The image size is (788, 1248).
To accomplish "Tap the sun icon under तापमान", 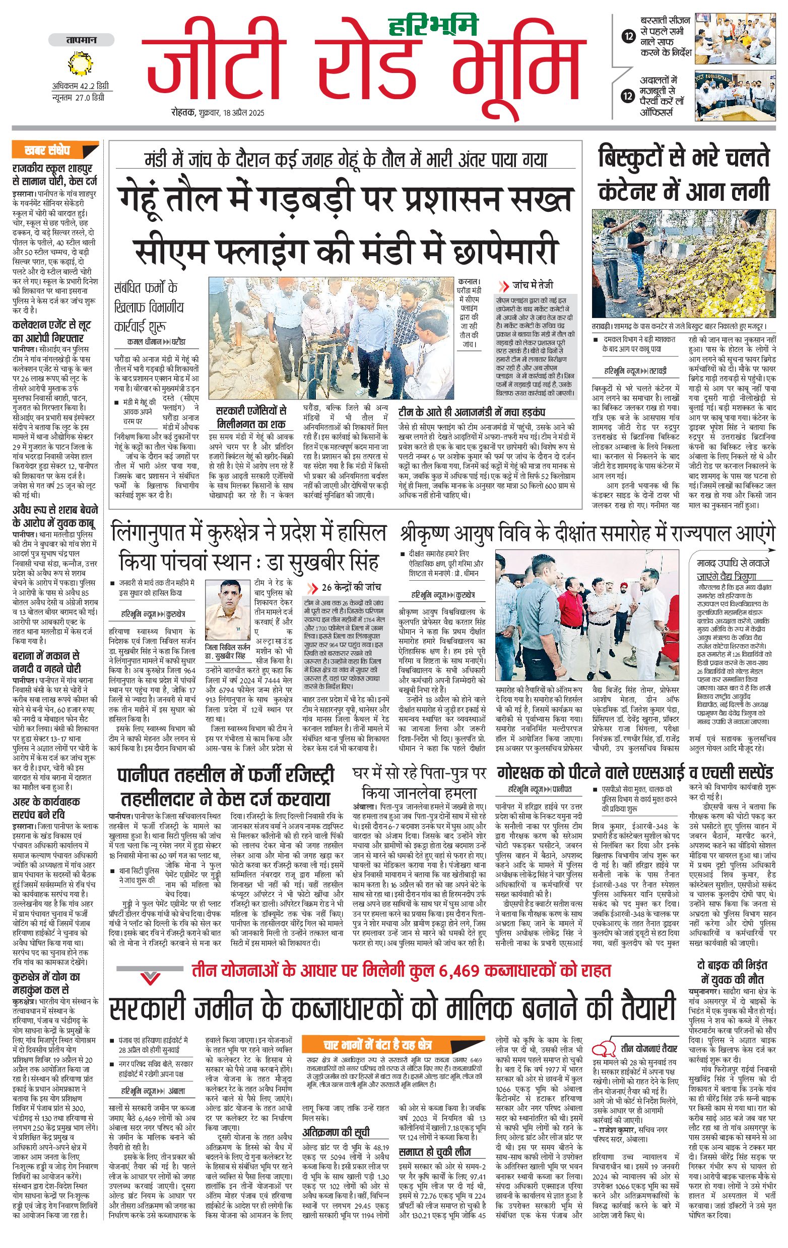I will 81,64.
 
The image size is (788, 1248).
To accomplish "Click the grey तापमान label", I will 81,40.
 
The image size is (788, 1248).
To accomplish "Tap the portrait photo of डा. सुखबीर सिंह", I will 227,610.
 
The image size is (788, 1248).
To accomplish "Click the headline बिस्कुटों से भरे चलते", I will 684,157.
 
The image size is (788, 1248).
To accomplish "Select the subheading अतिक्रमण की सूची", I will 336,1132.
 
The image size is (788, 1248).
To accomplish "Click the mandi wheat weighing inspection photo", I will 331,338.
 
